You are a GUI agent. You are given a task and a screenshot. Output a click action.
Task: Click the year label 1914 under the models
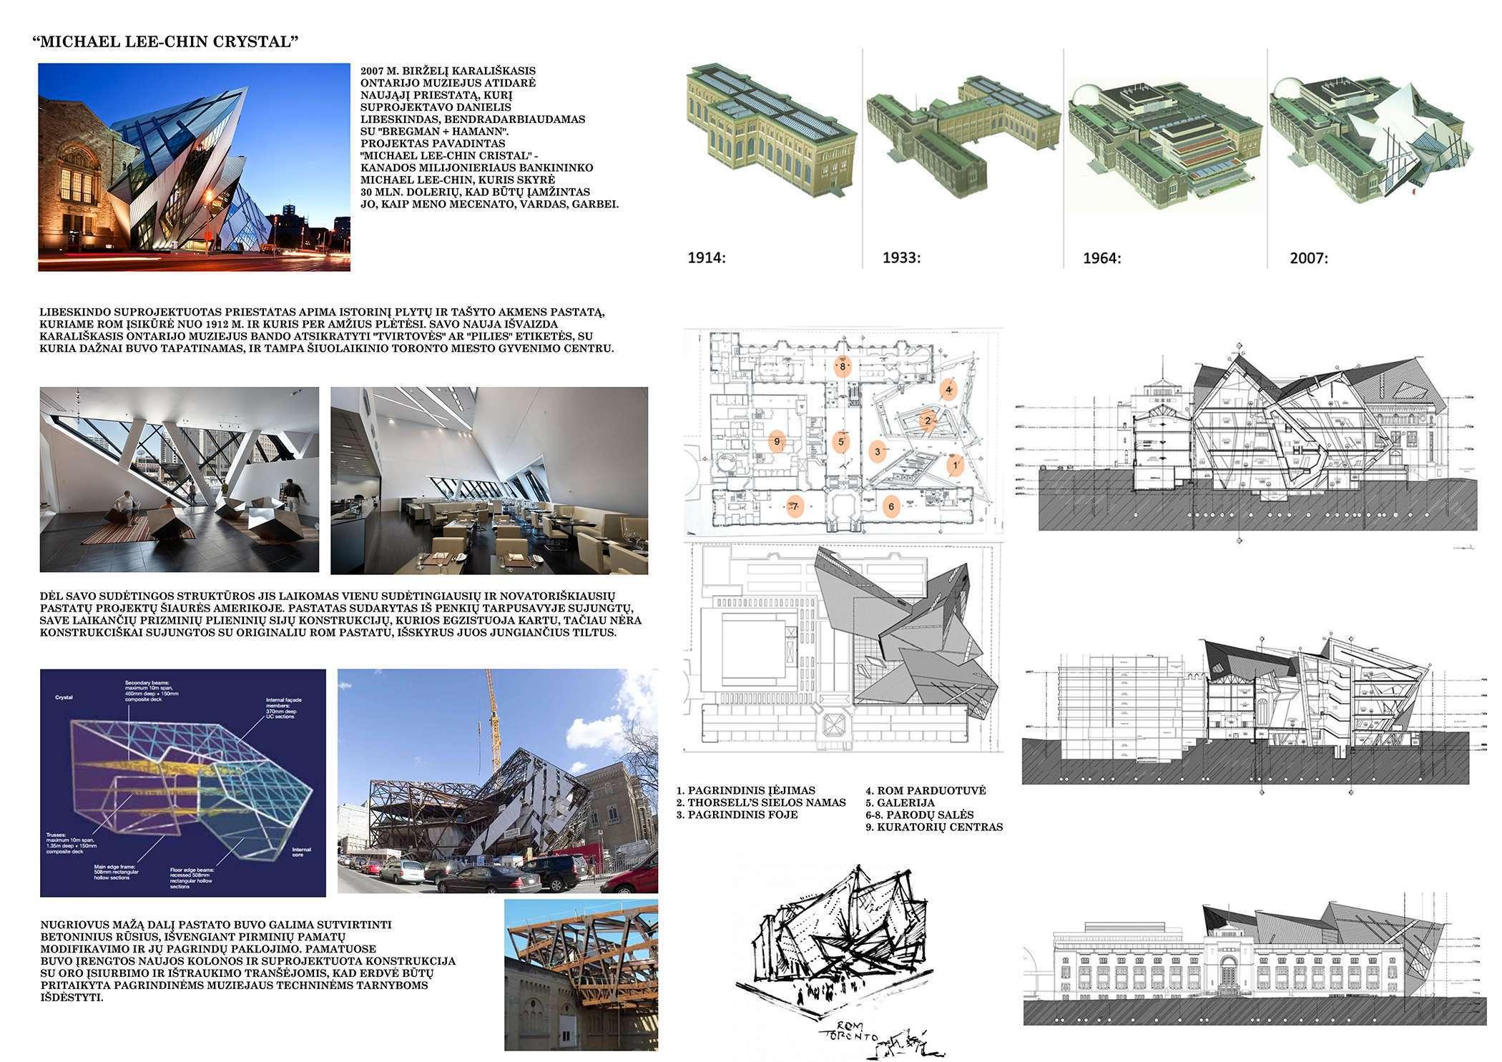706,257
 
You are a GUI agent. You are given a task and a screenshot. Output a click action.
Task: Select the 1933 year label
901,257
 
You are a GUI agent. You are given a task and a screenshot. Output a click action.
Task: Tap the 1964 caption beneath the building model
1101,258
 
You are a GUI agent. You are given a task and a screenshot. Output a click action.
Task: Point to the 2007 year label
1308,258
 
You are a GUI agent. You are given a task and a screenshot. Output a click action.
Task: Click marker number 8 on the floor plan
843,367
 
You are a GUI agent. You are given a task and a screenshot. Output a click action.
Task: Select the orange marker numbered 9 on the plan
777,441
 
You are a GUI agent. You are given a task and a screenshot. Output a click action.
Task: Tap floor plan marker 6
890,506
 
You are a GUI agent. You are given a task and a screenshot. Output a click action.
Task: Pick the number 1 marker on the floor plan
955,466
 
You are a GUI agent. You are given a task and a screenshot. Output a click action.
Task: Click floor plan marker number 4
948,390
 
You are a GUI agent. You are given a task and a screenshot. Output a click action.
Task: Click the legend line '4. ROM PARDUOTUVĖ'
926,790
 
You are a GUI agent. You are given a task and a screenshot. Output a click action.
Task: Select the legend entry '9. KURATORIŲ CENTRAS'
934,827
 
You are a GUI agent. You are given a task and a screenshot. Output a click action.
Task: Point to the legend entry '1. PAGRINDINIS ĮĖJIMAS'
745,790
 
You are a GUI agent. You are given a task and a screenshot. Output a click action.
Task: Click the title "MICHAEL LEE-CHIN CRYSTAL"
165,41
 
